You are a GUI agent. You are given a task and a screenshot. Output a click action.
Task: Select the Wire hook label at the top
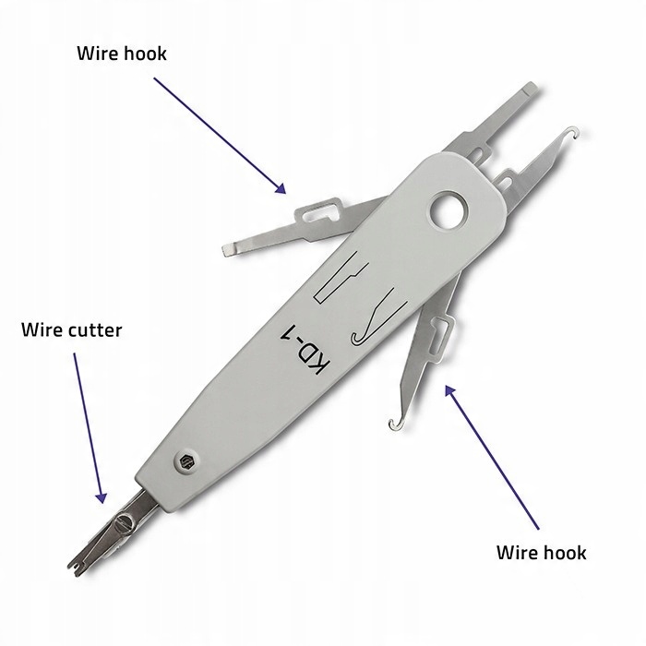(121, 54)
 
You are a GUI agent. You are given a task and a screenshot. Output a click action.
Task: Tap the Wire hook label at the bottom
(541, 553)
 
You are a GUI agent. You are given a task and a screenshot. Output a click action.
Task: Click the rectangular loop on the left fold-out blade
(315, 214)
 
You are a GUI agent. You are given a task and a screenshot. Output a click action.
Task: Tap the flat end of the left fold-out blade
(231, 250)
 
